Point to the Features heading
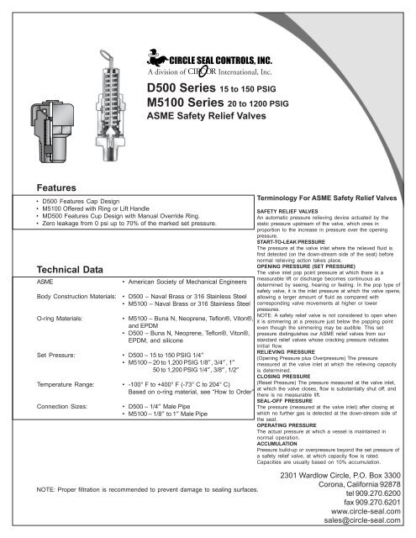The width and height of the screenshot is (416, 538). pos(50,188)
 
